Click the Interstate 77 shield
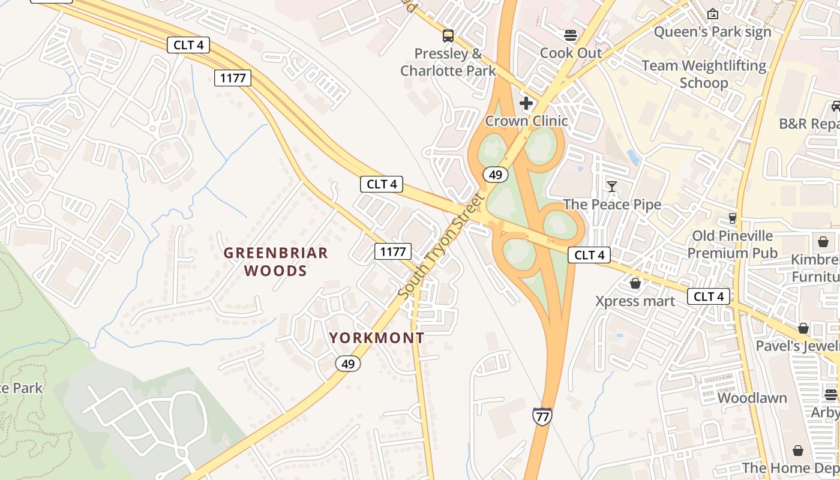click(x=542, y=416)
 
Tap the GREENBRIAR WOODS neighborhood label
click(x=276, y=262)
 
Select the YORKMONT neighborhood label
click(x=377, y=338)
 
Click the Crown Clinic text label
click(x=526, y=121)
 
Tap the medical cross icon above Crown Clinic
click(x=526, y=104)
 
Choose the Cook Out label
click(x=571, y=53)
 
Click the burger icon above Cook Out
click(x=571, y=35)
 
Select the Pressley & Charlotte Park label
click(x=448, y=62)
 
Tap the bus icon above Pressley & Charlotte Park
click(x=448, y=36)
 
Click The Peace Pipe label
click(x=612, y=205)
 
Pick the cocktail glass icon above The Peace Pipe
click(x=611, y=187)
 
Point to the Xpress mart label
click(x=635, y=301)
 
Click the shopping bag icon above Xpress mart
click(x=635, y=283)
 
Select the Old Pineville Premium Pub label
click(x=733, y=244)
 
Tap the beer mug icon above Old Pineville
click(x=732, y=218)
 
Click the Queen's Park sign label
click(x=712, y=32)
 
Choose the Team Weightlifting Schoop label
click(x=704, y=74)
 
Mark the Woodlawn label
click(x=752, y=398)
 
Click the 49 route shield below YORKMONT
click(x=348, y=363)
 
